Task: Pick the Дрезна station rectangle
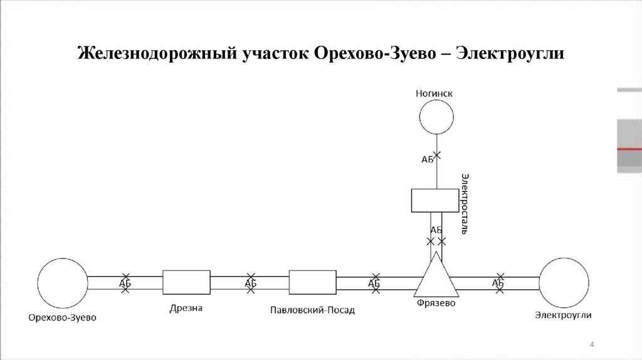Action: coord(186,282)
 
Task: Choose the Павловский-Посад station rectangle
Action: coord(312,282)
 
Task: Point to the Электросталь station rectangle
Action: coord(435,200)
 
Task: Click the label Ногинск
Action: coord(434,93)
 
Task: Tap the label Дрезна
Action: coord(186,308)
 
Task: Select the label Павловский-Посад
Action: coord(312,310)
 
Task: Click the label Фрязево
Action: coord(436,303)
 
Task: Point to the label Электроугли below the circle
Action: coord(564,315)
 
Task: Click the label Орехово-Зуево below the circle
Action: coord(62,317)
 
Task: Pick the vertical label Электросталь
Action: coord(465,204)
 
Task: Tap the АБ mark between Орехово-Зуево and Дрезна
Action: coord(125,283)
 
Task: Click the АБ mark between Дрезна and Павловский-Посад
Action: coord(251,283)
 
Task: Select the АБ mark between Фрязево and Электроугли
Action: coord(498,283)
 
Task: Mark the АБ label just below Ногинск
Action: coord(427,159)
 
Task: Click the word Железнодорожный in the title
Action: coord(157,53)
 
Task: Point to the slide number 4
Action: coord(592,344)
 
